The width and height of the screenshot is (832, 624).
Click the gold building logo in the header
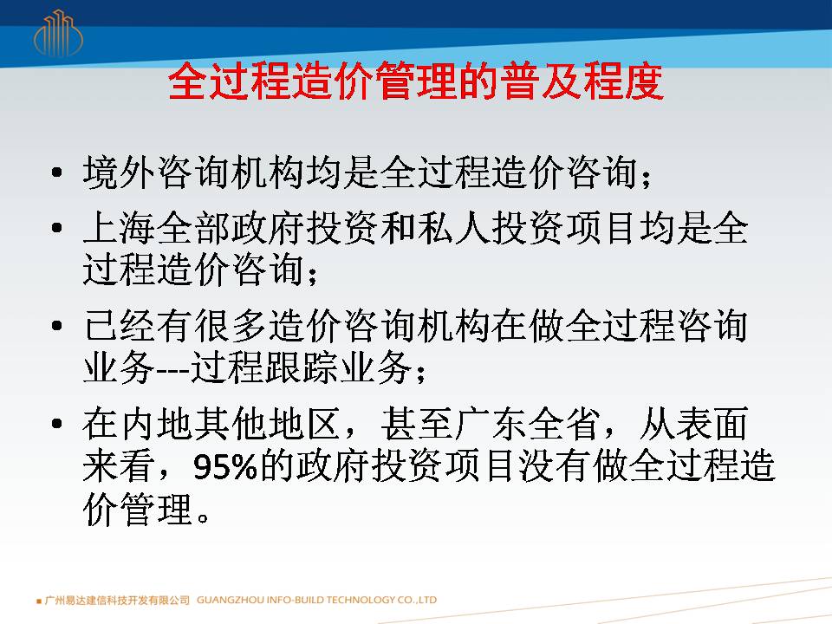coord(58,34)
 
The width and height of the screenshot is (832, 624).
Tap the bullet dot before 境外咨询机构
coord(57,172)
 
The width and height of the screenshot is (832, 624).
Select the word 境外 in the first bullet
coord(120,172)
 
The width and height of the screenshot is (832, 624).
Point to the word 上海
coord(120,228)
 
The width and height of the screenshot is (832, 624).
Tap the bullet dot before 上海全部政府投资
coord(57,228)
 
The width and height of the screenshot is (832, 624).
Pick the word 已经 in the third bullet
coord(120,326)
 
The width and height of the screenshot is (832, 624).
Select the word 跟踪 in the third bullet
coord(301,367)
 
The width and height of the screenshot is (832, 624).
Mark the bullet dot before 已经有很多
coord(57,326)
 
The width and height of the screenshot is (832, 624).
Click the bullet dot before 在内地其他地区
coord(57,424)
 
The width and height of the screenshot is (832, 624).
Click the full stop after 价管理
coord(202,517)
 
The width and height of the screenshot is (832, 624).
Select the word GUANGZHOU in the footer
coord(230,600)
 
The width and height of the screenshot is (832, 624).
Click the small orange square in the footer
coord(39,601)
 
